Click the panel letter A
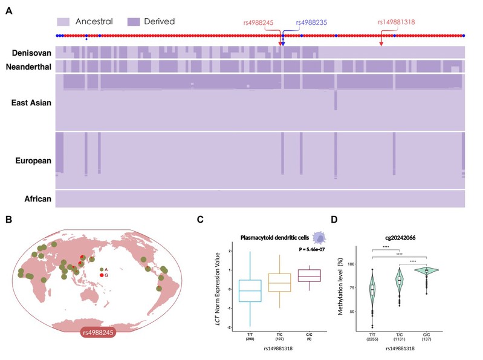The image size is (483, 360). (x=8, y=11)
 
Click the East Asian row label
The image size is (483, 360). (x=31, y=102)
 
